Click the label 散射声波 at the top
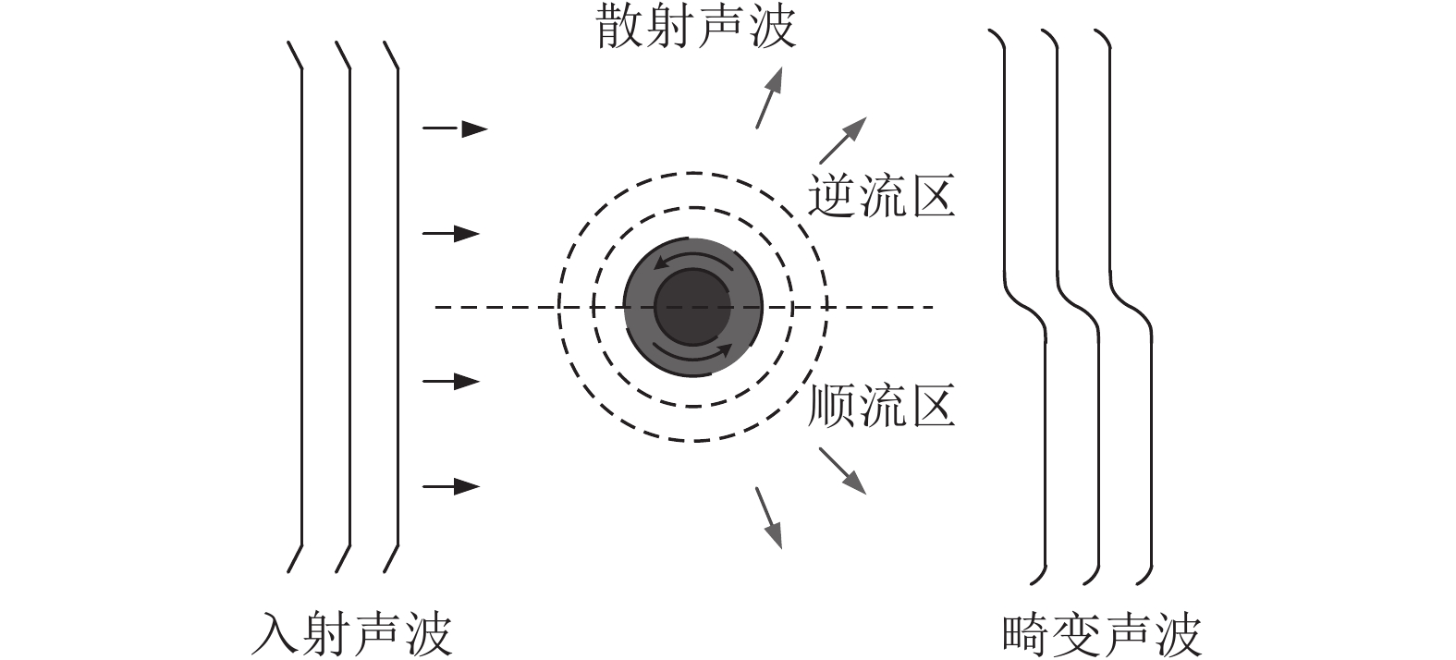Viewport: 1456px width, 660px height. point(695,28)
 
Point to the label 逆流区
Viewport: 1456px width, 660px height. point(881,196)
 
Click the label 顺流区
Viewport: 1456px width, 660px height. point(881,405)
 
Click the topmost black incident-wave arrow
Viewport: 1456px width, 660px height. point(455,128)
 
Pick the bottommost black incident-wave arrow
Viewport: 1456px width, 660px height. point(451,485)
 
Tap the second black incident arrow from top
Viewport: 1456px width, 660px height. point(451,234)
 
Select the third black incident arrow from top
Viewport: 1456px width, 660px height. point(451,381)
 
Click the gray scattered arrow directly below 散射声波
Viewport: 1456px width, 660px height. point(769,98)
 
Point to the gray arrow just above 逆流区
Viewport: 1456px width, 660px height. point(843,141)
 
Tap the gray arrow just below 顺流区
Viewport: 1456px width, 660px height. point(843,471)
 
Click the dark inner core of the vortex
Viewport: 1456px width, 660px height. point(692,307)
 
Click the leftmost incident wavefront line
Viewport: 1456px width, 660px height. point(302,307)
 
